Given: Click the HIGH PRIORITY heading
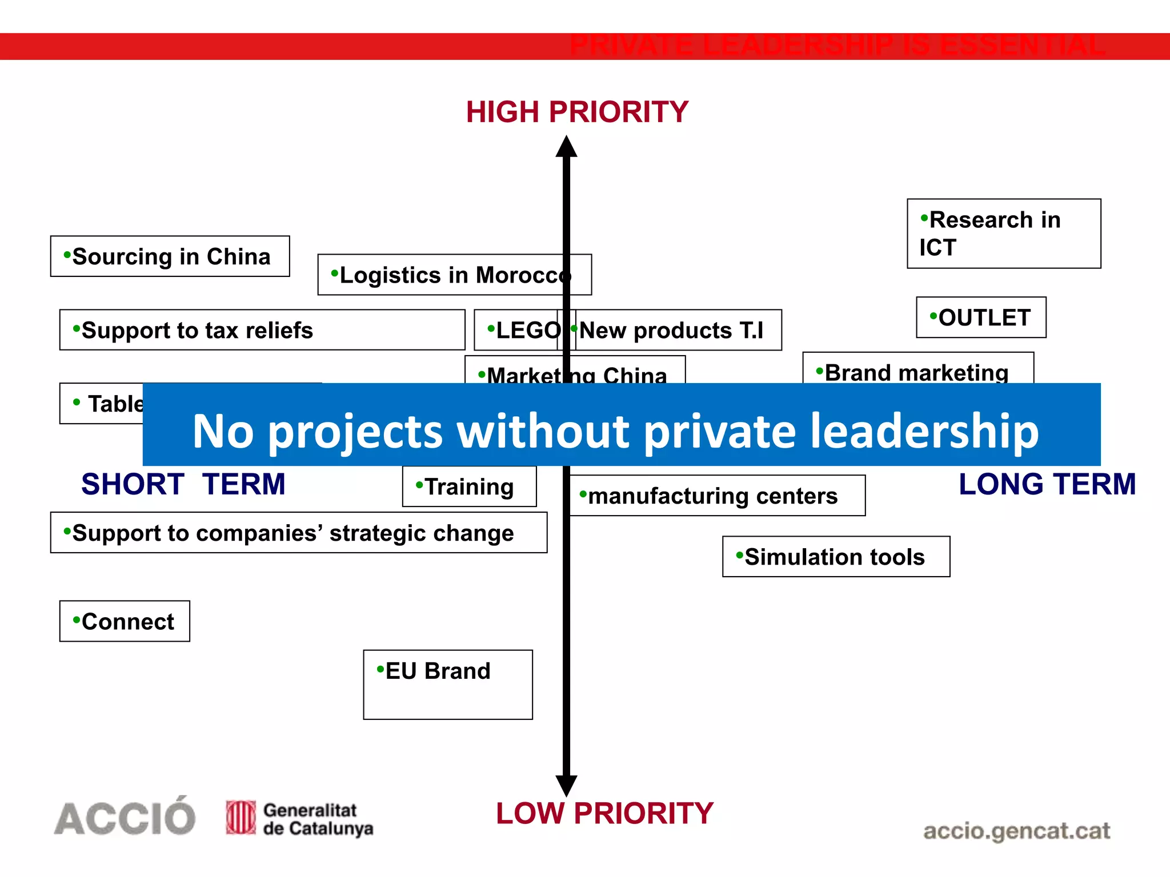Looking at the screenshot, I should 577,112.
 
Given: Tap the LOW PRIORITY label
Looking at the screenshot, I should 604,813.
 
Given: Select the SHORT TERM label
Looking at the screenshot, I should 183,484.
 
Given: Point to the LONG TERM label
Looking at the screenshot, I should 1047,484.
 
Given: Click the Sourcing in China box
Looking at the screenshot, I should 170,256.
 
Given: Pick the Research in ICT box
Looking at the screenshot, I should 1003,234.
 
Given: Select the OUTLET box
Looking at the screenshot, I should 981,317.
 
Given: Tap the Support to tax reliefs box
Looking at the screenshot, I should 262,330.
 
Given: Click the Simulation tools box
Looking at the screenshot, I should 836,557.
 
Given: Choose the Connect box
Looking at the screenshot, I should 125,621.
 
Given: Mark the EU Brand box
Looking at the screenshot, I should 448,684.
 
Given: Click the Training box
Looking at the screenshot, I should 469,487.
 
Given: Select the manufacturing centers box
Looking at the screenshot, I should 718,496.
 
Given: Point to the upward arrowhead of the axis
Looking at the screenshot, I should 566,147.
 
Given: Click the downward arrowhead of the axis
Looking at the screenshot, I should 566,786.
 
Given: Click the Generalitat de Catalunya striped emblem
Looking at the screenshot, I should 241,817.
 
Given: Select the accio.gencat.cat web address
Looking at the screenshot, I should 1016,831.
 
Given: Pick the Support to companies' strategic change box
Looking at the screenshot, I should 298,533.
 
